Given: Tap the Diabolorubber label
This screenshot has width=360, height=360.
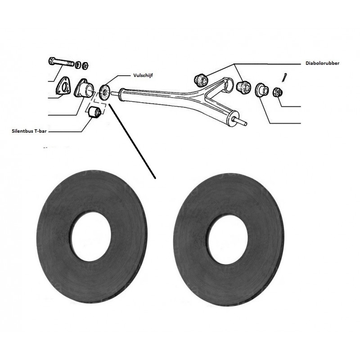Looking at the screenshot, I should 320,63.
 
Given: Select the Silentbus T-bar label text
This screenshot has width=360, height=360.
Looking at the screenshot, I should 30,131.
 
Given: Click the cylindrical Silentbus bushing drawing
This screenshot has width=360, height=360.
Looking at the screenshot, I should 94,113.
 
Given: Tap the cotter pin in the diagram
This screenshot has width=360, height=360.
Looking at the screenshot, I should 286,75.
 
